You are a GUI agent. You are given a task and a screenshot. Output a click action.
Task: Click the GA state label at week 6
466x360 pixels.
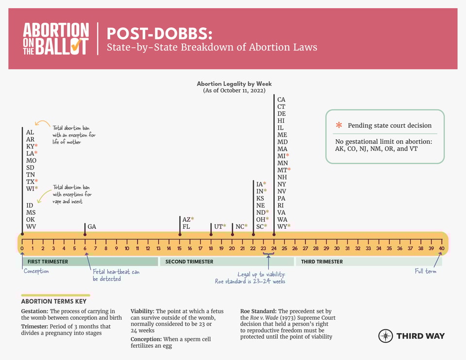tap(92, 227)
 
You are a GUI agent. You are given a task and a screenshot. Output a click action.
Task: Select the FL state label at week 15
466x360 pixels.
tap(186, 227)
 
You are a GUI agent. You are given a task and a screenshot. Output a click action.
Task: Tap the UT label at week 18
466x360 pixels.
tap(218, 227)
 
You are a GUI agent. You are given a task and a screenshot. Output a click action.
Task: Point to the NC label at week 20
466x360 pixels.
tap(239, 227)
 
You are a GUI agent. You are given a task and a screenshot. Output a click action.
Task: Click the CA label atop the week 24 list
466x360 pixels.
tap(281, 100)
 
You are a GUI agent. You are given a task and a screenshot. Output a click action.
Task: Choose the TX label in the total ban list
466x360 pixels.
tap(30, 181)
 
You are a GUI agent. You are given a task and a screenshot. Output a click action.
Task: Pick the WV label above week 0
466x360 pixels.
tap(31, 227)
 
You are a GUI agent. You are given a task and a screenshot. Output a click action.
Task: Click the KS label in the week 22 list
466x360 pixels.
tap(260, 198)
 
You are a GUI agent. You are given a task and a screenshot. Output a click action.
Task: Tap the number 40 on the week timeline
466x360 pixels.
tap(442, 249)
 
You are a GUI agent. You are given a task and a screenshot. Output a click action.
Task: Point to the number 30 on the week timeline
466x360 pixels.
tap(337, 249)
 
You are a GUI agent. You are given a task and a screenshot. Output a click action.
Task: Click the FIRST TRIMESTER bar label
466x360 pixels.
tap(48, 261)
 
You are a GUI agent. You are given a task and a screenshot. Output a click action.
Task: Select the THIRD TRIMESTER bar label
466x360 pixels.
tap(322, 261)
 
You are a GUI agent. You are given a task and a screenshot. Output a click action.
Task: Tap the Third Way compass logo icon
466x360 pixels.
tap(385, 336)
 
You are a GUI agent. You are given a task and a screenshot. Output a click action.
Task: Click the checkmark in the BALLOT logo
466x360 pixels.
tap(76, 46)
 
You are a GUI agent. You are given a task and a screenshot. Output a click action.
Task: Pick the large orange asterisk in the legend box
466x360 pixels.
tap(339, 125)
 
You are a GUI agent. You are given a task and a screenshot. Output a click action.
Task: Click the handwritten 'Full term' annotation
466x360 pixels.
tap(425, 271)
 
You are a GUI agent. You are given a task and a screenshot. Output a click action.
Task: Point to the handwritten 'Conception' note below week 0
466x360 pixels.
tap(36, 271)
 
